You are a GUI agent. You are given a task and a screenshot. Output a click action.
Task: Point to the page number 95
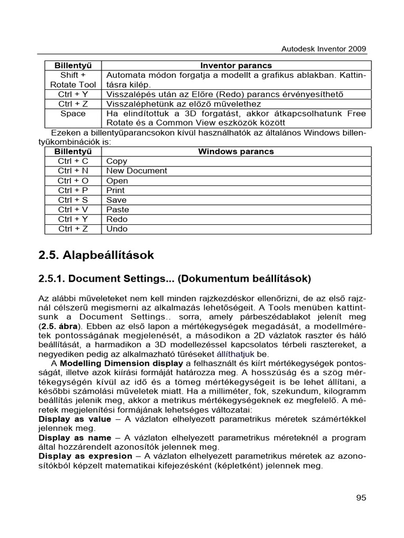[360, 498]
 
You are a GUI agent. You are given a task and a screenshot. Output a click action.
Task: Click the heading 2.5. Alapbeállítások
[96, 255]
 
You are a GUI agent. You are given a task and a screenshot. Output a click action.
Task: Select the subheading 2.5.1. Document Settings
[175, 278]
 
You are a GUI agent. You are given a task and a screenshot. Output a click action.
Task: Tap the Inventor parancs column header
[236, 66]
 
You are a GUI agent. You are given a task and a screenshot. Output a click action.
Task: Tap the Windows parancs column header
[236, 152]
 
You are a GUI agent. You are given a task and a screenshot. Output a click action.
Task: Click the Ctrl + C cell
[73, 161]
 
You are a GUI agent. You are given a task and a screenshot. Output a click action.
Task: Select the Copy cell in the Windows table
[117, 161]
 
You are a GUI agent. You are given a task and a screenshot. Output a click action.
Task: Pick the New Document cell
[137, 171]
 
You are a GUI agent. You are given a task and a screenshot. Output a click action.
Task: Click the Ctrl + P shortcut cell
[73, 190]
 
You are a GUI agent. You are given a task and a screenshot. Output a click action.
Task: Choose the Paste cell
[118, 210]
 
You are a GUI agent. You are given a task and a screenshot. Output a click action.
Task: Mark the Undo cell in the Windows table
[117, 229]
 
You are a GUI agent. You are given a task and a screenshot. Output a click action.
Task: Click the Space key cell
[73, 113]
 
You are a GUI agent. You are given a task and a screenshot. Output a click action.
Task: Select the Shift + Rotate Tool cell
[73, 80]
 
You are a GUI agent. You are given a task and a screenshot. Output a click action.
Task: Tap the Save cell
[116, 200]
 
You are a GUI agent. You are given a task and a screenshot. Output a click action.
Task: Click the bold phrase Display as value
[75, 419]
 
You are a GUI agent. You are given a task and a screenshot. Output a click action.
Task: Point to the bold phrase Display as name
[75, 438]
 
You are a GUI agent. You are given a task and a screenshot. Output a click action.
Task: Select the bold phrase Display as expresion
[85, 456]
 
